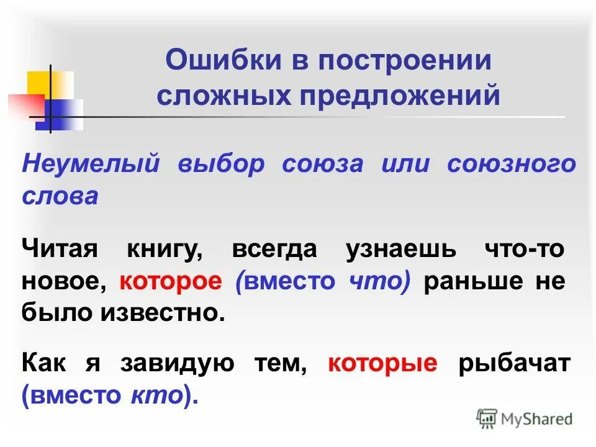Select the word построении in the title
click(405, 62)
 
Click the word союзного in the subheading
click(511, 165)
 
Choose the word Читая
click(60, 250)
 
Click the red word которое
click(171, 281)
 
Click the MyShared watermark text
click(535, 419)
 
